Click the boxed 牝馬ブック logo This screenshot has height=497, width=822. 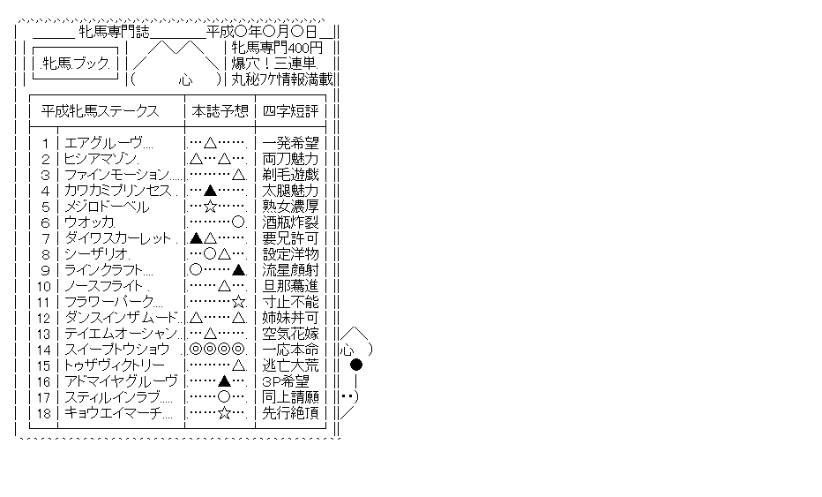click(x=76, y=64)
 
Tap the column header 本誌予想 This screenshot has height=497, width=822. click(x=220, y=111)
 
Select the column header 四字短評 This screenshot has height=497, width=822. click(x=290, y=111)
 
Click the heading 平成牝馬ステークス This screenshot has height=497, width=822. click(x=100, y=111)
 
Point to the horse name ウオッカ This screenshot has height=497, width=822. click(x=88, y=222)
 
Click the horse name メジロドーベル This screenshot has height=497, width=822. click(x=107, y=207)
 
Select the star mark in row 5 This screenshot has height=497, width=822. click(x=210, y=207)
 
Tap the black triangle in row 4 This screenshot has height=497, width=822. click(x=210, y=191)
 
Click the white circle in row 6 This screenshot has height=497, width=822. click(x=238, y=222)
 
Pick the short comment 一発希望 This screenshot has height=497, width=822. click(x=290, y=143)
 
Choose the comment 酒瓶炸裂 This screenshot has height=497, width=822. click(x=290, y=222)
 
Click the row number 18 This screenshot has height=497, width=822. click(x=43, y=413)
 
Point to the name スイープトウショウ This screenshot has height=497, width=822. click(x=116, y=350)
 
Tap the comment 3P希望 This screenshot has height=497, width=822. click(x=286, y=381)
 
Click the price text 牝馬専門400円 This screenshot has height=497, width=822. click(x=277, y=48)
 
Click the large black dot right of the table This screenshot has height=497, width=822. click(x=356, y=365)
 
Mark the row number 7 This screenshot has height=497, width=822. click(x=46, y=238)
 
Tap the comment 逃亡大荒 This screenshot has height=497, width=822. click(x=290, y=365)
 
